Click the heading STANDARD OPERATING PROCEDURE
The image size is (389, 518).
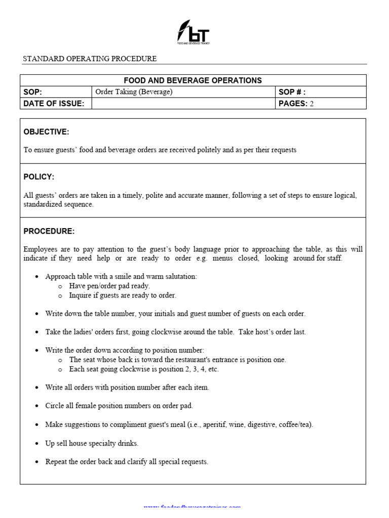point(90,59)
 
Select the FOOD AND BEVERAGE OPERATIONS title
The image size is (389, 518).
point(193,80)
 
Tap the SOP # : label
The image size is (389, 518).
point(292,92)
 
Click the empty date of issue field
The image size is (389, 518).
point(183,104)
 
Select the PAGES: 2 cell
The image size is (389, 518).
point(296,104)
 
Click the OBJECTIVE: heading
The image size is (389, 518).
point(46,132)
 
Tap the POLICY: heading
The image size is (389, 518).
point(38,177)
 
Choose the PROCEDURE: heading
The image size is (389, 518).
point(49,231)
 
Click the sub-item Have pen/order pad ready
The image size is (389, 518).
point(109,286)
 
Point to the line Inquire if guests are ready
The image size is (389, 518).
point(123,295)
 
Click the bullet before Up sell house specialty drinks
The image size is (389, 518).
point(37,444)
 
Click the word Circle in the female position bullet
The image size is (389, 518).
point(55,406)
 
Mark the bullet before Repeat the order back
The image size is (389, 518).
point(37,462)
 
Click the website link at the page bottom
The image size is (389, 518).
point(192,507)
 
